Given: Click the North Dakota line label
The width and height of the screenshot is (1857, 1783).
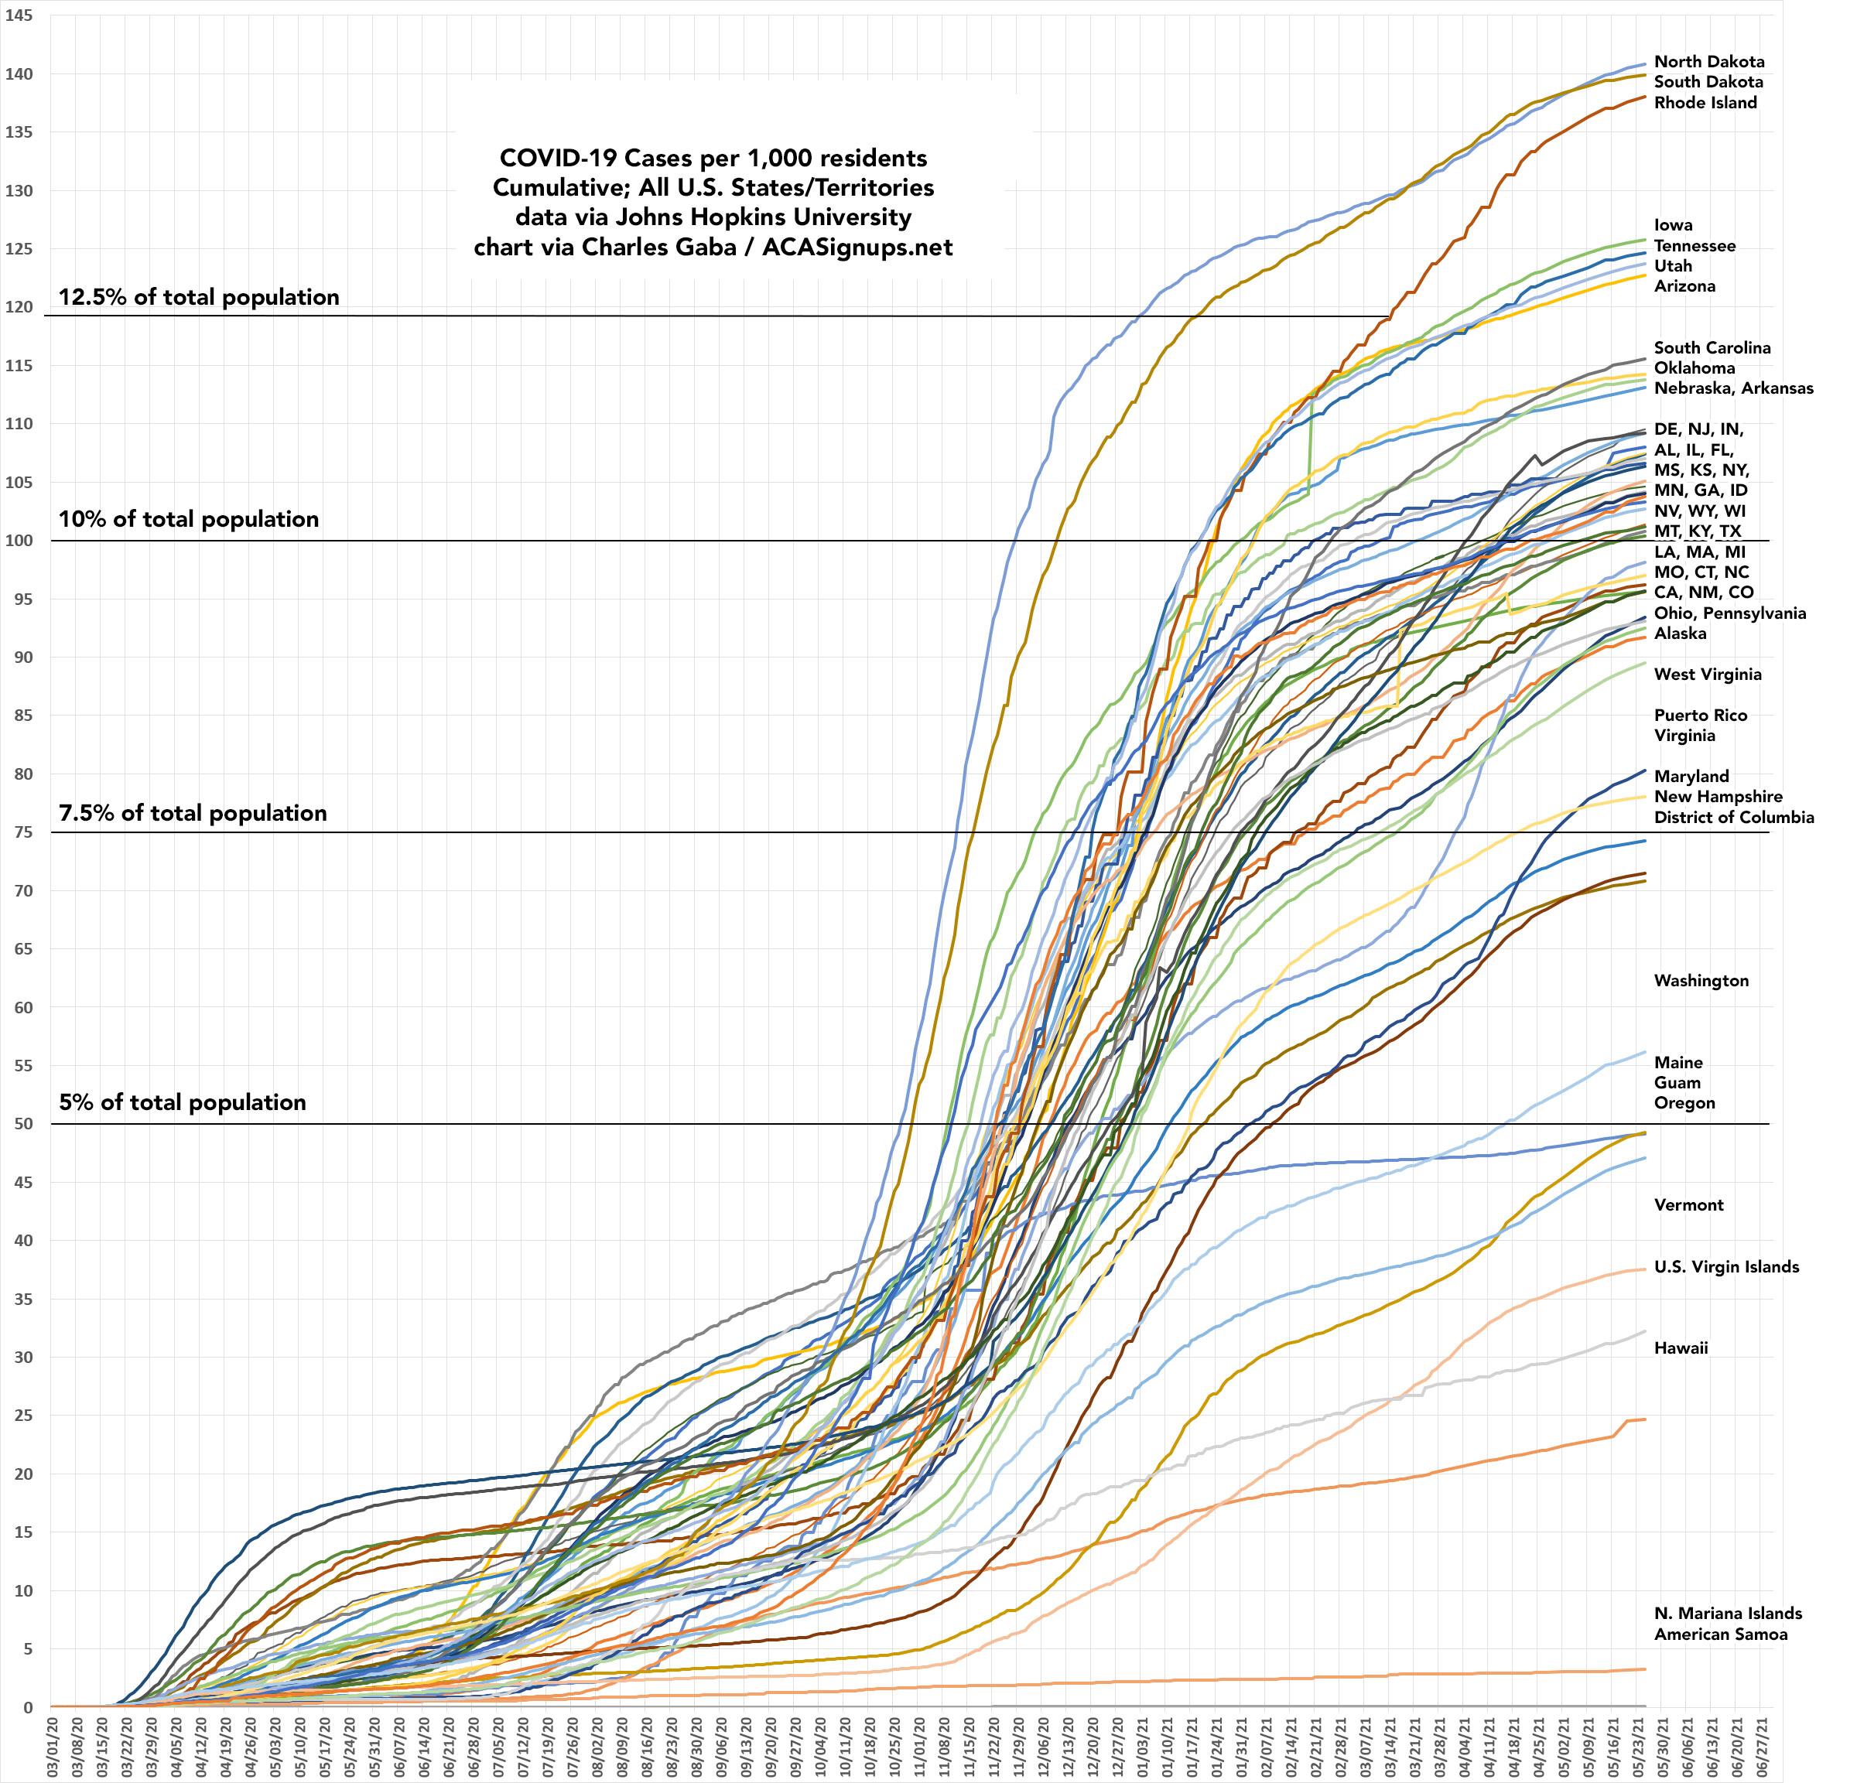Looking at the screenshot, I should [x=1708, y=62].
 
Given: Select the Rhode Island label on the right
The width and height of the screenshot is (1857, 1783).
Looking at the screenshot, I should [x=1705, y=102].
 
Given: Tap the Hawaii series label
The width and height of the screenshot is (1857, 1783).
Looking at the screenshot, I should [x=1681, y=1347].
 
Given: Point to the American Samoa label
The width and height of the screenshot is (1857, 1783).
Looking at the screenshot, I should [x=1721, y=1634].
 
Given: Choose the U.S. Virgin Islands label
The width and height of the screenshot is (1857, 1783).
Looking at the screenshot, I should [x=1726, y=1267].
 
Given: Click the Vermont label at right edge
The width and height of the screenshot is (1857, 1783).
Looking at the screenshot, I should [x=1688, y=1205].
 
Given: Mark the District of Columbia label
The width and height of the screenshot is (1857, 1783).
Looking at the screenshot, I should [x=1734, y=817].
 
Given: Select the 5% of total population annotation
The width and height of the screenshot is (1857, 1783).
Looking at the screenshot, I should [x=182, y=1102].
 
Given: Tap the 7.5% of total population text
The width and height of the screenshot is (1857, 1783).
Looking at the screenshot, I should [x=193, y=813].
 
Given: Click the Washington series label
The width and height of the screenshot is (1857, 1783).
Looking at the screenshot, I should [x=1701, y=981].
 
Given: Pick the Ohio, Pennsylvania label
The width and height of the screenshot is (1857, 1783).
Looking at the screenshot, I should [x=1729, y=613].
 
